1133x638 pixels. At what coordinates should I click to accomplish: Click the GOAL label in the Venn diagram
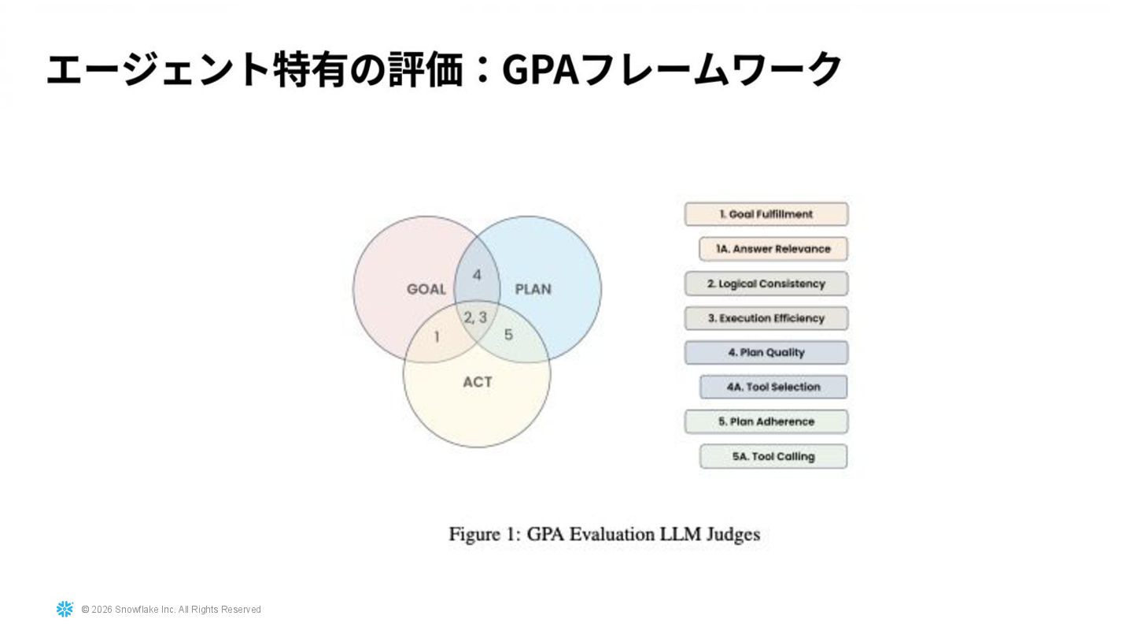426,289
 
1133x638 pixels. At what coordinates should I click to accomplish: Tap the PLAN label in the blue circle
533,289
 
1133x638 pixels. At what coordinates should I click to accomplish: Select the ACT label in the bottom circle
477,382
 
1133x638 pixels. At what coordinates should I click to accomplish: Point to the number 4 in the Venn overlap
476,275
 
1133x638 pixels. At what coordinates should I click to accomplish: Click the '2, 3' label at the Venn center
474,317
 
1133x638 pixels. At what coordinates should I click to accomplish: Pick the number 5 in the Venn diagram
508,335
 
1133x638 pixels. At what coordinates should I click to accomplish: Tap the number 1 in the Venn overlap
437,337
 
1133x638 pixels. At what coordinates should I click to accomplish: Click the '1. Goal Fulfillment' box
766,214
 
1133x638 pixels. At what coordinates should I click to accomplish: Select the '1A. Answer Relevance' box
773,249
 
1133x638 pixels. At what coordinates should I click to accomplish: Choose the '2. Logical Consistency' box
766,284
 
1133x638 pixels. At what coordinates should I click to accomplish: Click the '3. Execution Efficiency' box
766,318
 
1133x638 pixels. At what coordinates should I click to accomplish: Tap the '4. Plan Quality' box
766,353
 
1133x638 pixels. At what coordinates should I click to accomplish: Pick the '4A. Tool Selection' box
773,387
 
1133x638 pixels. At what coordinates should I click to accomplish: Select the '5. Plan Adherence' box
766,421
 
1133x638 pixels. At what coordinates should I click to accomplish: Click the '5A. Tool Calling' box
773,456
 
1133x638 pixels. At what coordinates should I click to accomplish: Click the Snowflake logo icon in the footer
65,609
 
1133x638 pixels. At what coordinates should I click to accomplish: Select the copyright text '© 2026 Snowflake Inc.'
128,610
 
